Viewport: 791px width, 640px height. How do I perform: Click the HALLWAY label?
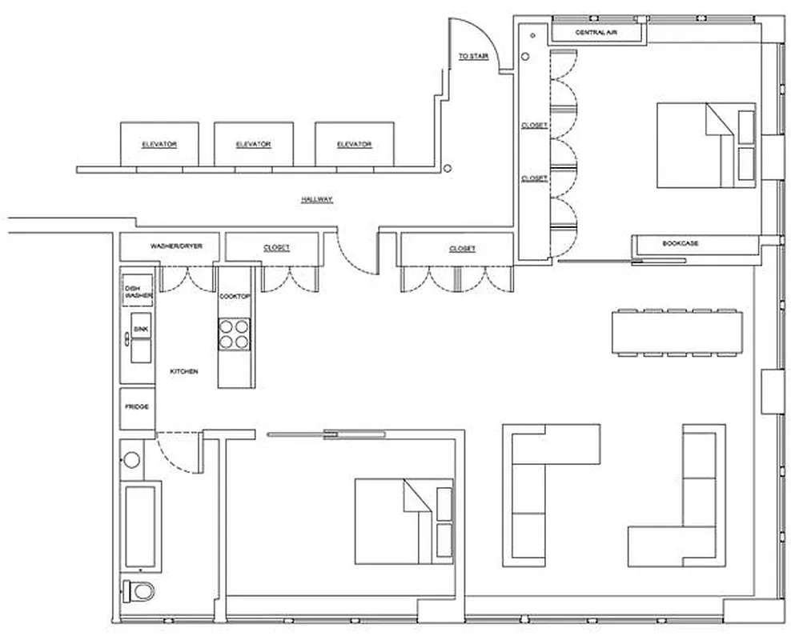click(317, 199)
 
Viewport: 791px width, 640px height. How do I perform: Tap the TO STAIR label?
click(473, 57)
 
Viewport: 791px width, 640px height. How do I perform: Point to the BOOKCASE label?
click(681, 242)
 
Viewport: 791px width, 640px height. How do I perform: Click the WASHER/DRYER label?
click(171, 246)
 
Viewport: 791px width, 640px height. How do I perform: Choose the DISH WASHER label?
click(137, 292)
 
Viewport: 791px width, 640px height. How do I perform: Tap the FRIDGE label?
click(136, 407)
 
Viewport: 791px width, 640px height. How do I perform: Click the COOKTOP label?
click(235, 297)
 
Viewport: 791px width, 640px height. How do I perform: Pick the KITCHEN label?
click(184, 372)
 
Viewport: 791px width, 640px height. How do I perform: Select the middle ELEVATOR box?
click(254, 144)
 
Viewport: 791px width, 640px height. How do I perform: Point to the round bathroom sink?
click(133, 459)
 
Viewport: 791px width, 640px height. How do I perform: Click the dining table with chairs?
click(678, 331)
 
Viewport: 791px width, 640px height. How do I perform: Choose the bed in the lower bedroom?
click(404, 520)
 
